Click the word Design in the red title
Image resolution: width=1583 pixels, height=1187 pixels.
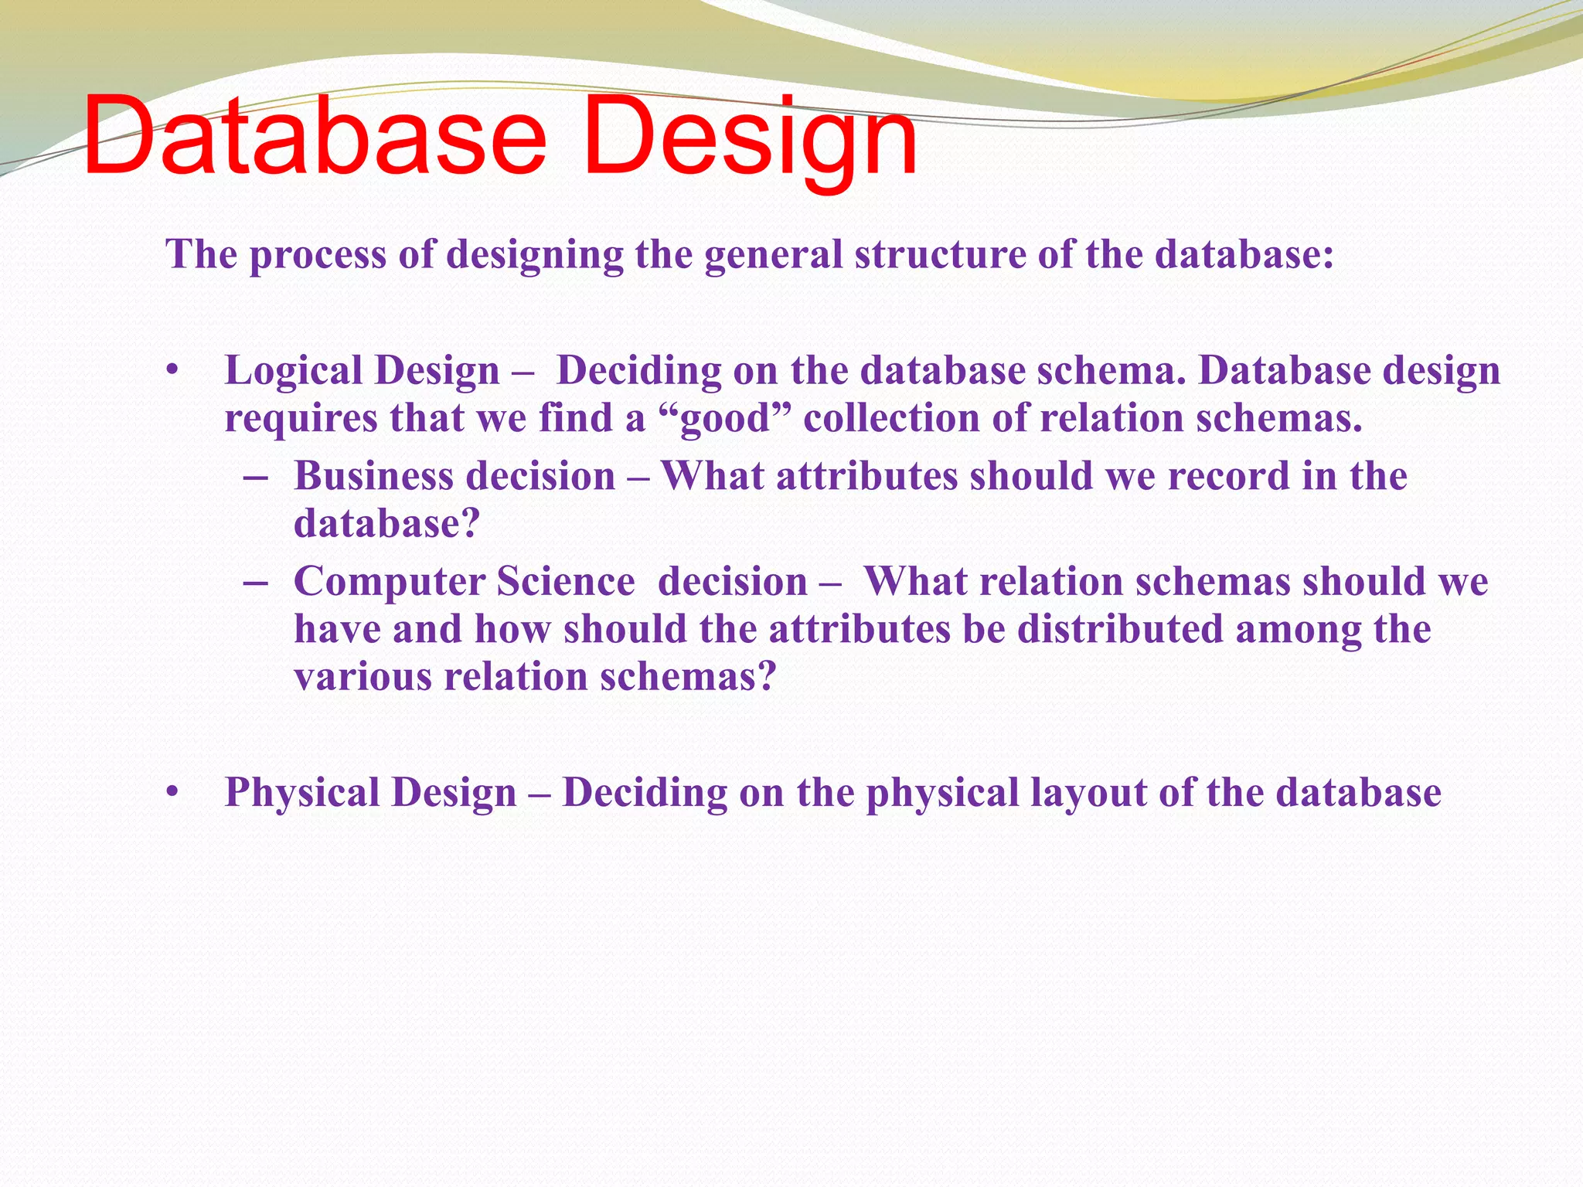coord(750,137)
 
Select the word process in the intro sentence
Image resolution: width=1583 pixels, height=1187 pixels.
coord(317,255)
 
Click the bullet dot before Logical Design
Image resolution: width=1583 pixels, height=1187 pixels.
coord(172,372)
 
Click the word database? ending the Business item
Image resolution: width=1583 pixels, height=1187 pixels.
coord(386,524)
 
